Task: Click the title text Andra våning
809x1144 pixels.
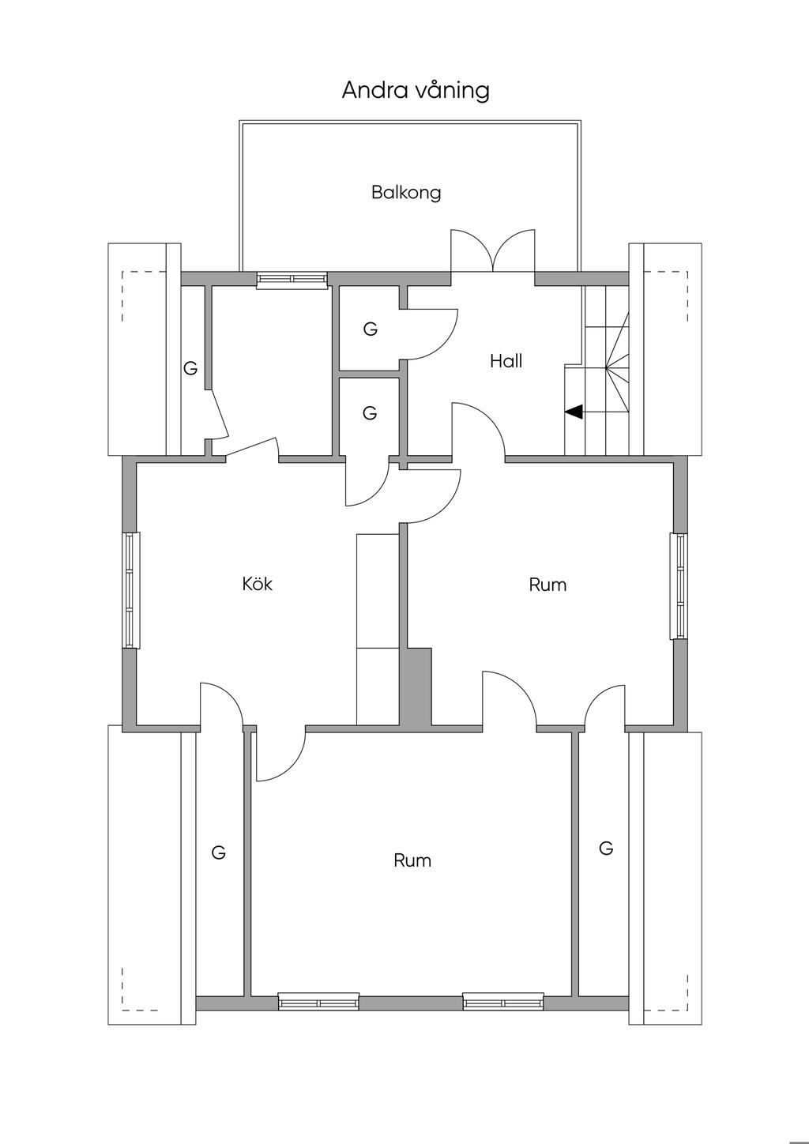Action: [416, 90]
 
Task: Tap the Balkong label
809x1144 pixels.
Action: [406, 193]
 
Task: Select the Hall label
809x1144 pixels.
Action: [506, 361]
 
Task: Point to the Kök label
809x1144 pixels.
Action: [258, 584]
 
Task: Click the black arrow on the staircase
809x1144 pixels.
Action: [574, 412]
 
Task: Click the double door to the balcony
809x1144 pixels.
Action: [493, 250]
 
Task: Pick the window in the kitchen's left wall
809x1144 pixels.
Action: [132, 590]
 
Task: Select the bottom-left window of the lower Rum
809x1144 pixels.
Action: [318, 1002]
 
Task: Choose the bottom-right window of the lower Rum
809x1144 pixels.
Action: [503, 1002]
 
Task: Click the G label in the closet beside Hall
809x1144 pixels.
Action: [371, 329]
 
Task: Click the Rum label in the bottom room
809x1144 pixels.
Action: [412, 860]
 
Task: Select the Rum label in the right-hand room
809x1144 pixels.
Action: [547, 585]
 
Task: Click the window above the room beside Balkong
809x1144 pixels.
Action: [292, 280]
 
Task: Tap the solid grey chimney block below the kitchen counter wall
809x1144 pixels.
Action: [416, 687]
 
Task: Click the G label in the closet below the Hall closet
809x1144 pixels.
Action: [370, 412]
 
